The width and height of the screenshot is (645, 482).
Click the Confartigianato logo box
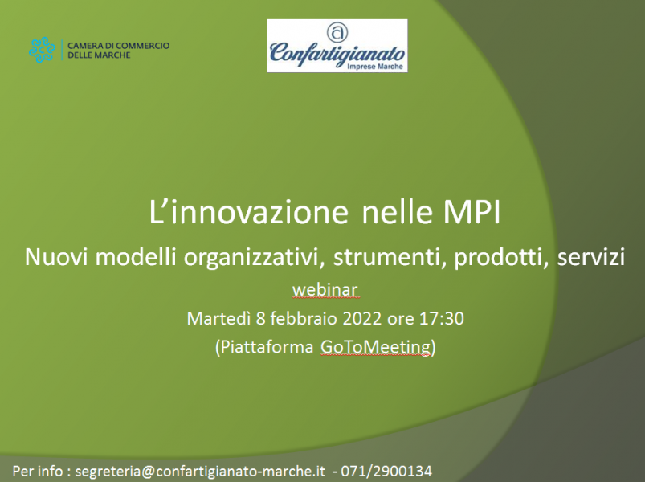coord(337,46)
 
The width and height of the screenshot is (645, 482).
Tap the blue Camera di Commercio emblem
coord(42,50)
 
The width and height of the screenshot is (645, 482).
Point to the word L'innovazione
coord(248,212)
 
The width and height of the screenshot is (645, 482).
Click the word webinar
coord(325,290)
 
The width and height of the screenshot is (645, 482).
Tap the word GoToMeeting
coord(376,347)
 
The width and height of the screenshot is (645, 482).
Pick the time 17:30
coord(442,319)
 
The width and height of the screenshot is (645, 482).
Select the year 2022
coord(362,319)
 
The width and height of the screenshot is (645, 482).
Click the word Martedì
coord(218,319)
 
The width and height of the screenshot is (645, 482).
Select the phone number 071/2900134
coord(386,472)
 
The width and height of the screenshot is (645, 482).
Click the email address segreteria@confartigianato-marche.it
coord(200,472)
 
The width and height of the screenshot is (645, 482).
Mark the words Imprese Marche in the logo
coord(375,66)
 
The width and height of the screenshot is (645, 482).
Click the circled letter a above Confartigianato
coord(337,32)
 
